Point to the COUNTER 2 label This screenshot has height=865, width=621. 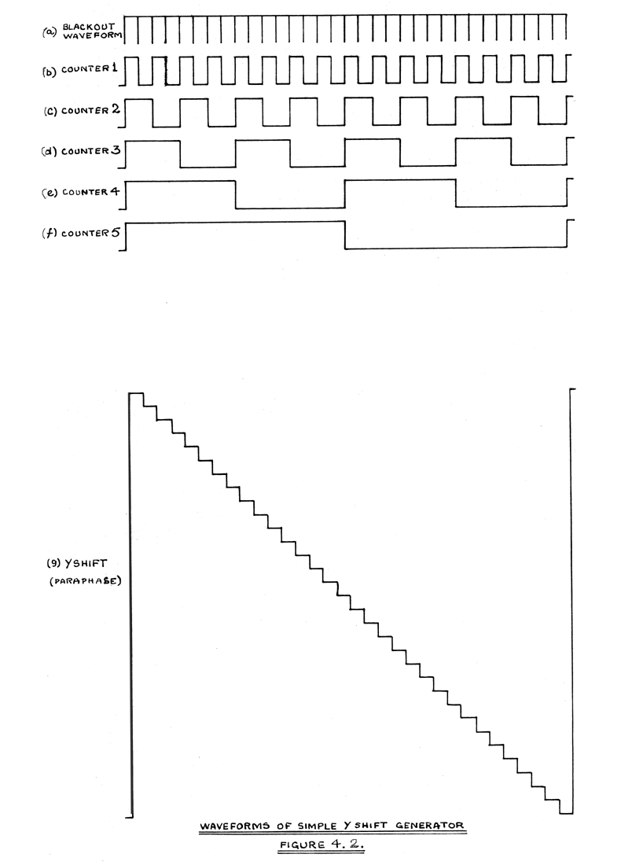tap(90, 110)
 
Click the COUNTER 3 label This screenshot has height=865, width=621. tap(90, 151)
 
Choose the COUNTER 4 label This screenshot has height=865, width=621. tap(90, 193)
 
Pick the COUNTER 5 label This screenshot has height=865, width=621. tap(90, 234)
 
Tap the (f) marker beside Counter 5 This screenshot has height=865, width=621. tap(48, 234)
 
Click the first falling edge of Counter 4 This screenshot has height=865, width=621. tap(236, 194)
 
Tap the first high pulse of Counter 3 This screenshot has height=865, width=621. tap(153, 141)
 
